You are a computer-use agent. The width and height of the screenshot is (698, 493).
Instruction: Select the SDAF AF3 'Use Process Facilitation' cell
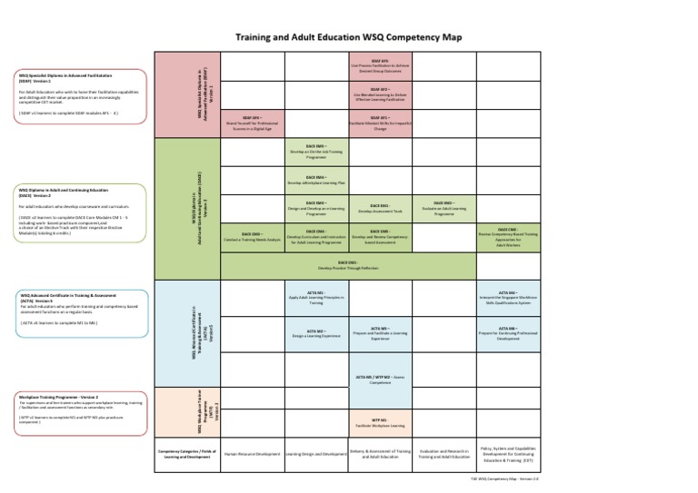pyautogui.click(x=380, y=67)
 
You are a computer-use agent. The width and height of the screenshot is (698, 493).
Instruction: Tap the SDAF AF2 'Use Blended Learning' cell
pyautogui.click(x=380, y=96)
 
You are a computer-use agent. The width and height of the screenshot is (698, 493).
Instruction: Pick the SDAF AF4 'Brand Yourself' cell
pyautogui.click(x=252, y=123)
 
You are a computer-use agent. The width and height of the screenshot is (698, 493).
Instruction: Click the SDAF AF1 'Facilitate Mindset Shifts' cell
pyautogui.click(x=380, y=123)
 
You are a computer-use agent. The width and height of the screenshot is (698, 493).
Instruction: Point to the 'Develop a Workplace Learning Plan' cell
pyautogui.click(x=315, y=180)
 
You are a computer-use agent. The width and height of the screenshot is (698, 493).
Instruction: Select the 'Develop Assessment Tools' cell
pyautogui.click(x=380, y=208)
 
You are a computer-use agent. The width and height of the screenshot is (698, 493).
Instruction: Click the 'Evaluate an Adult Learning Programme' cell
pyautogui.click(x=444, y=208)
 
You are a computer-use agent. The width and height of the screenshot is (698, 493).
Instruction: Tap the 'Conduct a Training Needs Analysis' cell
pyautogui.click(x=252, y=237)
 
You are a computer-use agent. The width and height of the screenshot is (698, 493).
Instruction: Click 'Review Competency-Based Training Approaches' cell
pyautogui.click(x=507, y=237)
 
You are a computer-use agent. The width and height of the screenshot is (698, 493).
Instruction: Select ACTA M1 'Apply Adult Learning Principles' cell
pyautogui.click(x=315, y=297)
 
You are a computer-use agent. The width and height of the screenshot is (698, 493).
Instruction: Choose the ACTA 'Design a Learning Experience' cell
pyautogui.click(x=315, y=334)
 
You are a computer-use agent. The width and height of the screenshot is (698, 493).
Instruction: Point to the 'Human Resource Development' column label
pyautogui.click(x=252, y=453)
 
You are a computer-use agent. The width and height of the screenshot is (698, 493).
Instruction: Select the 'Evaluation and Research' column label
pyautogui.click(x=444, y=453)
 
